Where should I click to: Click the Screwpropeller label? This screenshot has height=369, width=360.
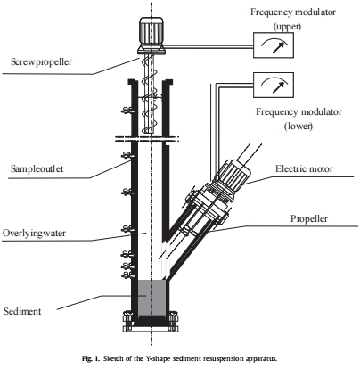[x=41, y=61]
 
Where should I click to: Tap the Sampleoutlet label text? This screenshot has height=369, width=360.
[x=37, y=168]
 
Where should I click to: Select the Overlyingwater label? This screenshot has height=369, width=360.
[x=34, y=234]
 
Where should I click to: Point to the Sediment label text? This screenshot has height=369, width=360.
[x=22, y=311]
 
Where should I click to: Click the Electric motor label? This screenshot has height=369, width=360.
[x=304, y=168]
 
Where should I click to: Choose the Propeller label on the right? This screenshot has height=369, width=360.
[x=309, y=219]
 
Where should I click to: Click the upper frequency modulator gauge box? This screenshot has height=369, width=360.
[x=274, y=45]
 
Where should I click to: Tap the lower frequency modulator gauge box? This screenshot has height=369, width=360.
[x=274, y=85]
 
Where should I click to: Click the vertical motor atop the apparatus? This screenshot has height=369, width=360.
[x=151, y=36]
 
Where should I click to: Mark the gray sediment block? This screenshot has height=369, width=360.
[x=151, y=298]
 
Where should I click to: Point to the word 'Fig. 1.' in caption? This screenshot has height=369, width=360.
[x=91, y=358]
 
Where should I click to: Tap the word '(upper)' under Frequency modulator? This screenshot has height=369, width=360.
[x=287, y=26]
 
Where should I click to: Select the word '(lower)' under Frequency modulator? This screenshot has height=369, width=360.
[x=299, y=126]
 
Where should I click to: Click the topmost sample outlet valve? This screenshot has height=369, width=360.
[x=127, y=111]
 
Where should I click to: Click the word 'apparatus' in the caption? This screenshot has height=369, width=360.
[x=262, y=358]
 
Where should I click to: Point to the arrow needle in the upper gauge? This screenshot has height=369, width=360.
[x=279, y=47]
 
